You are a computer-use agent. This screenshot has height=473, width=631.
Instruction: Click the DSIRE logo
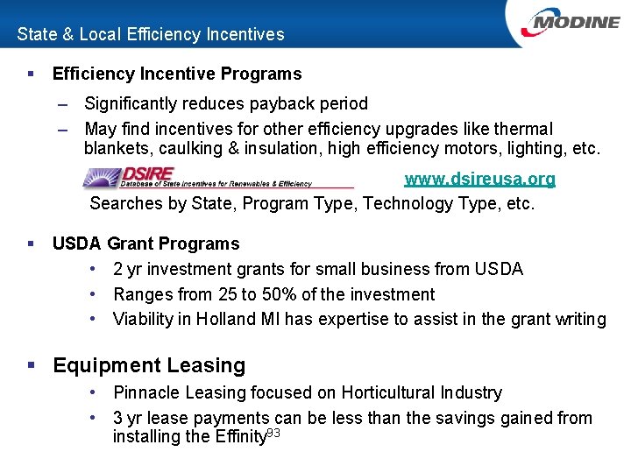197,178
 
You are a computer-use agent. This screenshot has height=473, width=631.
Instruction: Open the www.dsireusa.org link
479,180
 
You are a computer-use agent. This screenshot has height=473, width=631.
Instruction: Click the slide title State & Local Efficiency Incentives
151,34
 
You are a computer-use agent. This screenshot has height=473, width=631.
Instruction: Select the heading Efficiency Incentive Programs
177,74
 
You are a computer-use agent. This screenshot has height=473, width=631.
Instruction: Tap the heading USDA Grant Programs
145,244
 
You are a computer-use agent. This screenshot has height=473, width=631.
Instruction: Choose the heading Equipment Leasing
149,365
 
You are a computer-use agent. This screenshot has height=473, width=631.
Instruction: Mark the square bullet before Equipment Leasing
32,366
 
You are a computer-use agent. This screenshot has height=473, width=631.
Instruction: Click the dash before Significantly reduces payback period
63,104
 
